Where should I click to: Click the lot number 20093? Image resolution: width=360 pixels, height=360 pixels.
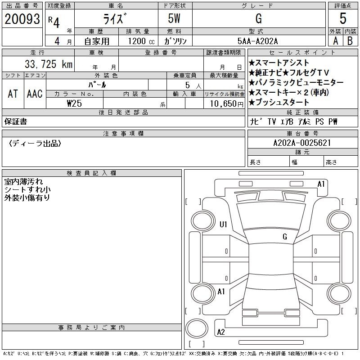pos(22,19)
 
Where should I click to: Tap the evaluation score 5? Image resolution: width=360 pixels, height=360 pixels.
pos(343,18)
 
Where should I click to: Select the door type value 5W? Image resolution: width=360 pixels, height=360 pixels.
pos(174,18)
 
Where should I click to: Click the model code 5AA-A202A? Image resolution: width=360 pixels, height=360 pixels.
pos(257,41)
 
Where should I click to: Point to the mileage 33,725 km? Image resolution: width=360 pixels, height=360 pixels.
pos(49,64)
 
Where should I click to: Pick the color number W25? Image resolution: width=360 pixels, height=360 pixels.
pos(74,103)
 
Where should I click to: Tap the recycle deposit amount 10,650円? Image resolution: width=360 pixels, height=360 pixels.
pos(226,103)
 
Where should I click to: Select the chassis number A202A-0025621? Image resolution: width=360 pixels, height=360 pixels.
pos(302,143)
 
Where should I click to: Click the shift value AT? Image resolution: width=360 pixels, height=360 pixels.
pos(13,94)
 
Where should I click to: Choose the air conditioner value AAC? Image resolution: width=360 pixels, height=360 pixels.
pos(35,94)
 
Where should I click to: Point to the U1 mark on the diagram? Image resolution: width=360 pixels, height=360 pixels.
pos(223,224)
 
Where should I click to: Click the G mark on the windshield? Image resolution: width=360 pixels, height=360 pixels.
pos(285,236)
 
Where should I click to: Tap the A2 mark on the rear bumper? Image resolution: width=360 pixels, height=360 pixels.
pos(221,332)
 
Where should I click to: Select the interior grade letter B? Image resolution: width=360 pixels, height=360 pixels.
pos(350,41)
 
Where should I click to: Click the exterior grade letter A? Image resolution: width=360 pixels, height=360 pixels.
pos(336,41)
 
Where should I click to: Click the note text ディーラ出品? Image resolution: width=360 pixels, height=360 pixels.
pos(35,144)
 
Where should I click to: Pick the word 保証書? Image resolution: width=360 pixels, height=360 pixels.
pos(16,121)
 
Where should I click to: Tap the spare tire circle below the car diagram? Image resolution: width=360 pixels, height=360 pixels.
pos(197,328)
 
